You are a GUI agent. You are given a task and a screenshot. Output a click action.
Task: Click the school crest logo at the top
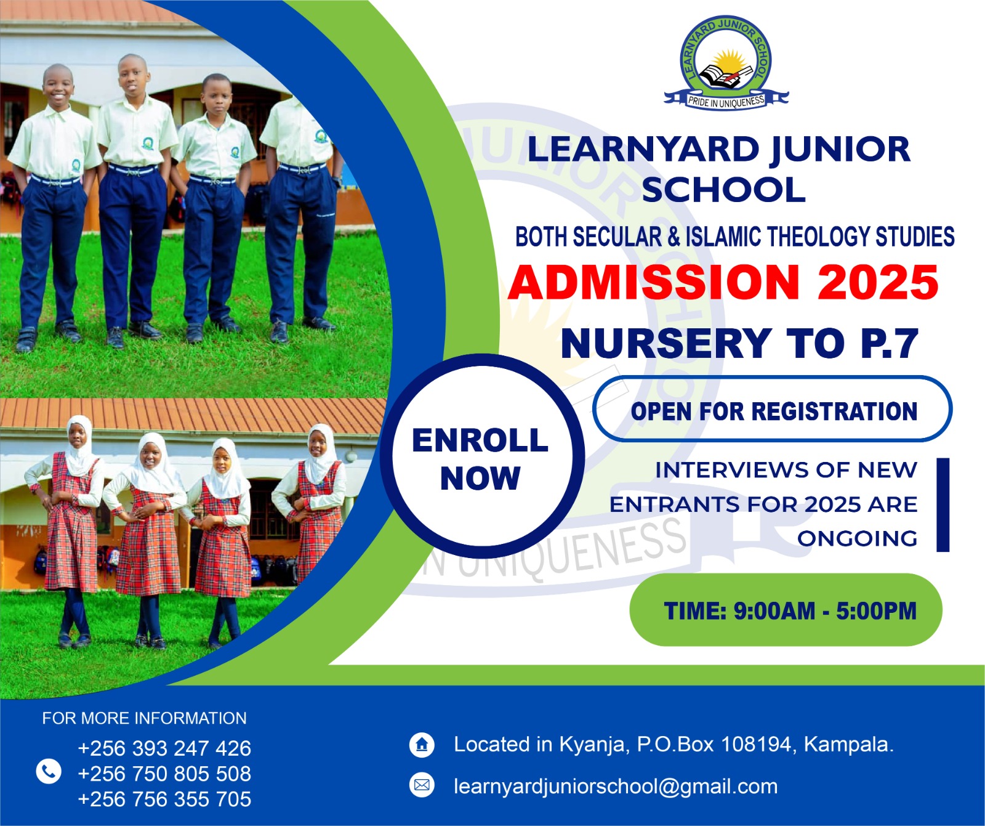(x=726, y=62)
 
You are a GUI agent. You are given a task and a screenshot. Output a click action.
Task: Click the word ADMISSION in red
(x=654, y=283)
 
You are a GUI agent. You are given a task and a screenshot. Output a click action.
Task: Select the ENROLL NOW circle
(x=481, y=458)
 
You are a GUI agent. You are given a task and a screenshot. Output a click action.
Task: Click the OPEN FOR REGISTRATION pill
(x=773, y=410)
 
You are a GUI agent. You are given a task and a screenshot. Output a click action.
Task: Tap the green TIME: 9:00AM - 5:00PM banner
(x=786, y=610)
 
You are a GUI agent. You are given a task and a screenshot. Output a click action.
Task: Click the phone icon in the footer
(x=49, y=771)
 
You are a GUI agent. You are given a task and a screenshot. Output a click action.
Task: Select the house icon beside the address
(x=422, y=745)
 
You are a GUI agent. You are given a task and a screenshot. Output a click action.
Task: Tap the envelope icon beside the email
(x=422, y=785)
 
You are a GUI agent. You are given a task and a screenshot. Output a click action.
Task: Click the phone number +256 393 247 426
(x=164, y=748)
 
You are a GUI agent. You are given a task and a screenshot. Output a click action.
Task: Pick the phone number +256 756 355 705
(x=164, y=799)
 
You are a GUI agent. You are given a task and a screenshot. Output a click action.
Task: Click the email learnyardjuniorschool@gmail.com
(x=616, y=787)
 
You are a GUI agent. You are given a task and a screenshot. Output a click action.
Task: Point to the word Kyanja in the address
(x=592, y=745)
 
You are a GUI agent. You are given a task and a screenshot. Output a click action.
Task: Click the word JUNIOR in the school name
(x=840, y=150)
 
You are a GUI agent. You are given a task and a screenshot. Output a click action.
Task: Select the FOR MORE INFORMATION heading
(x=144, y=718)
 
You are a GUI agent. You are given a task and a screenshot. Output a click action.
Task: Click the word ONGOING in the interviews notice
(x=857, y=539)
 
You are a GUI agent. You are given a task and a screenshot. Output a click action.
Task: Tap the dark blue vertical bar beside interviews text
(x=943, y=504)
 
